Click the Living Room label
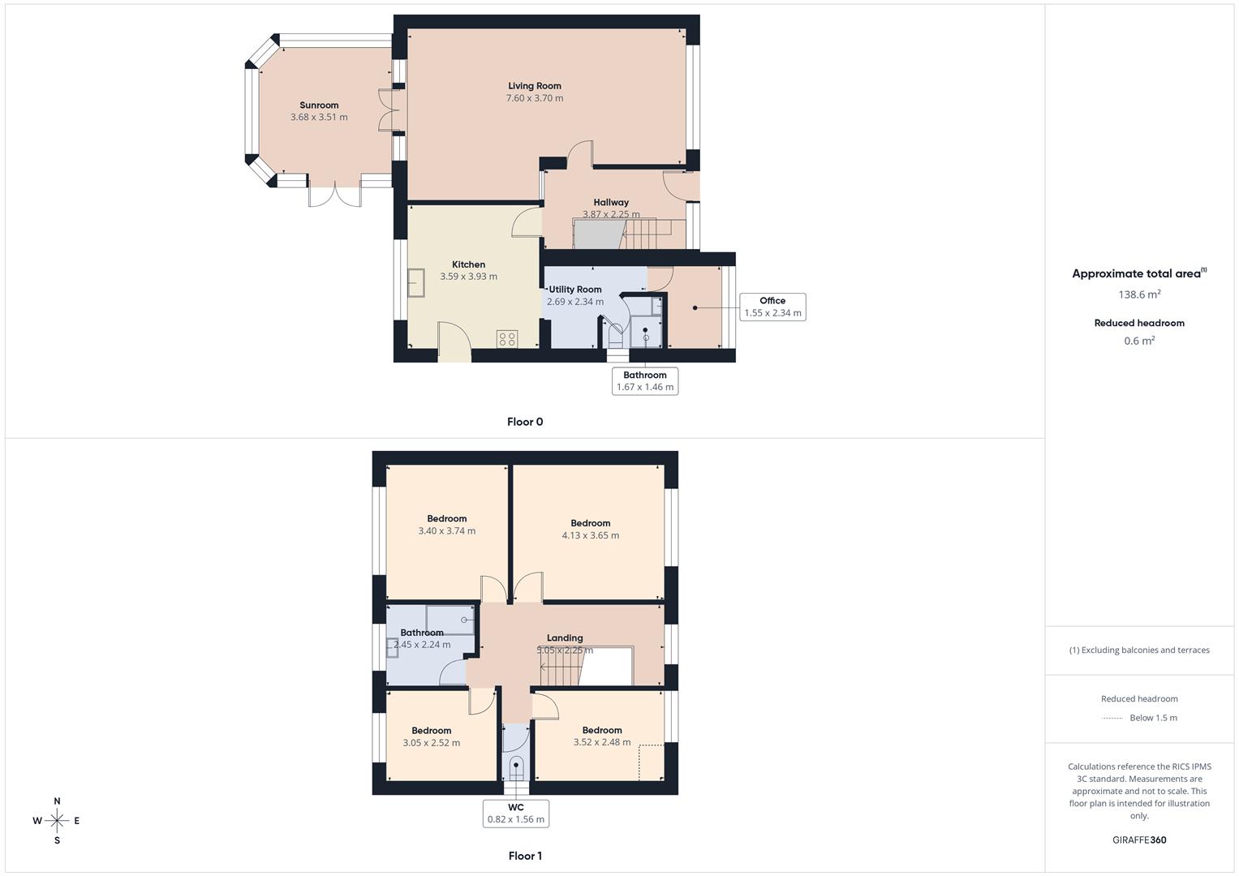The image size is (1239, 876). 535,86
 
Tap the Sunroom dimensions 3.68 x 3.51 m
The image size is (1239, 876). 319,118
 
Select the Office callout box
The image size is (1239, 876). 772,307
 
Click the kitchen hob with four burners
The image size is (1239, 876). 508,339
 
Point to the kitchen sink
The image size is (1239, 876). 416,283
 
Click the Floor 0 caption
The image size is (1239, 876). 525,422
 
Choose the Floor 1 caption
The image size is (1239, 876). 525,856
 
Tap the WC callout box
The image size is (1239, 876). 516,814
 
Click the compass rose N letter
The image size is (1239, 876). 57,801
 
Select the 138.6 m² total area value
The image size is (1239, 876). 1139,294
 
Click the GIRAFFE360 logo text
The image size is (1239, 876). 1139,840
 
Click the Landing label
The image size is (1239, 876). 565,638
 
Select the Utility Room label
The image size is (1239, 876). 575,290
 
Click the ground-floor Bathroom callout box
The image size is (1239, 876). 645,381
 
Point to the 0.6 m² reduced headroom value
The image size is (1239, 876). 1139,341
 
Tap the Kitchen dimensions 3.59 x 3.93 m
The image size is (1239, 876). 469,277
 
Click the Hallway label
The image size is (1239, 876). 611,203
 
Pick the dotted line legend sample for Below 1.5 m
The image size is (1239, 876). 1112,718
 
